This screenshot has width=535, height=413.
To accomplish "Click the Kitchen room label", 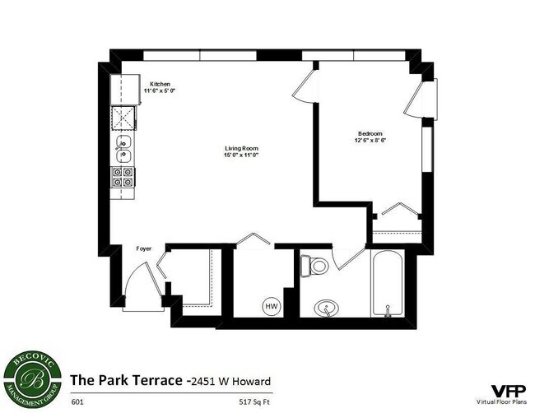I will pyautogui.click(x=160, y=83).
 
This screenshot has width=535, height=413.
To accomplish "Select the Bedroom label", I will pyautogui.click(x=370, y=133).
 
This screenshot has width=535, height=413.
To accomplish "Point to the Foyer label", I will pyautogui.click(x=143, y=248).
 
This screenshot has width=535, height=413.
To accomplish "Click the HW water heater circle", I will pyautogui.click(x=271, y=306).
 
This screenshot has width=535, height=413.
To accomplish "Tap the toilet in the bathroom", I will pyautogui.click(x=314, y=265).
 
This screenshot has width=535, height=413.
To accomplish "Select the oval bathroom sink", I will pyautogui.click(x=327, y=309).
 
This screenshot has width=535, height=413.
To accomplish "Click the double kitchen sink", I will pyautogui.click(x=124, y=147).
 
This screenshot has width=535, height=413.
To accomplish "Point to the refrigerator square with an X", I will pyautogui.click(x=124, y=120).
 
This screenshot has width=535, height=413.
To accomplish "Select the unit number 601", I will pyautogui.click(x=77, y=402).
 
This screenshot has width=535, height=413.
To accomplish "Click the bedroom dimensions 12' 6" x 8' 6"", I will pyautogui.click(x=370, y=140).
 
